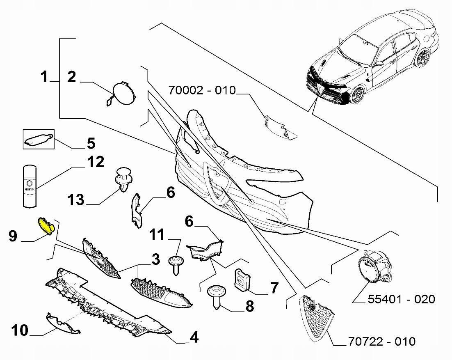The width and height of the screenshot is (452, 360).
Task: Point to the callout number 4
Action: [194, 337]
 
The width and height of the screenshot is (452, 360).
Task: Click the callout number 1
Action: [44, 76]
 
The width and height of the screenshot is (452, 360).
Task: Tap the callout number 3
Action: [156, 259]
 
